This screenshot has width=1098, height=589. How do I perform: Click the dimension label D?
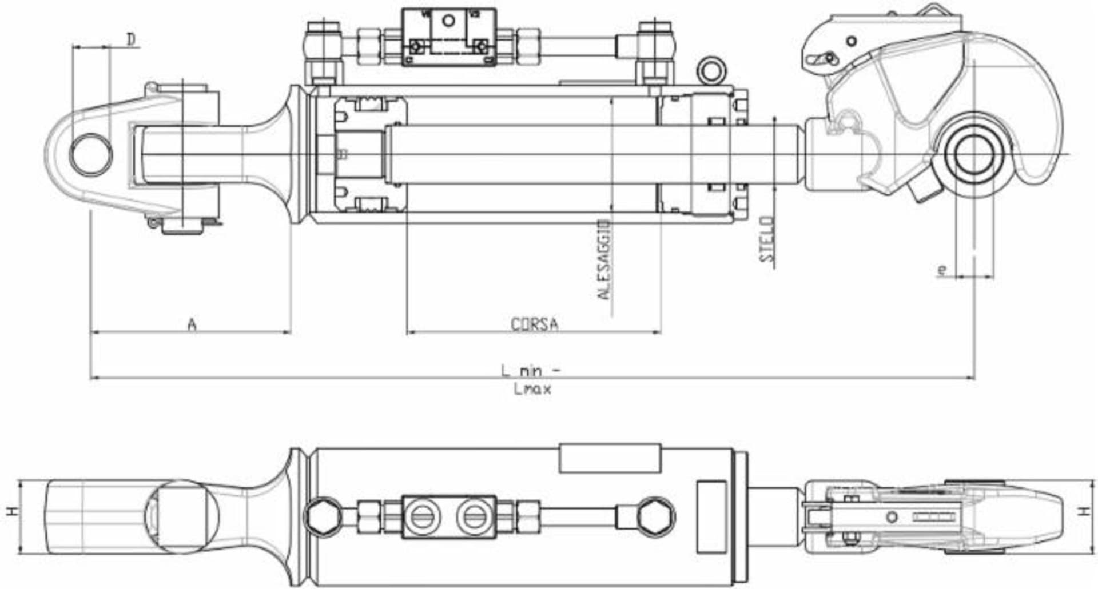point(132,39)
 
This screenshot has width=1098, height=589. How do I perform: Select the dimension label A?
point(192,324)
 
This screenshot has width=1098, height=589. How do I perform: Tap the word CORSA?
point(534,324)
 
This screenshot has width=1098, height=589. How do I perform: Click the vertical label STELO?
point(767,239)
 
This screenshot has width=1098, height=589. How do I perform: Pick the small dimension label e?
point(942,269)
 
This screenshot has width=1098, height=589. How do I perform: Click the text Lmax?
point(532,390)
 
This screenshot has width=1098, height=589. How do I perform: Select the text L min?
point(522,371)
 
